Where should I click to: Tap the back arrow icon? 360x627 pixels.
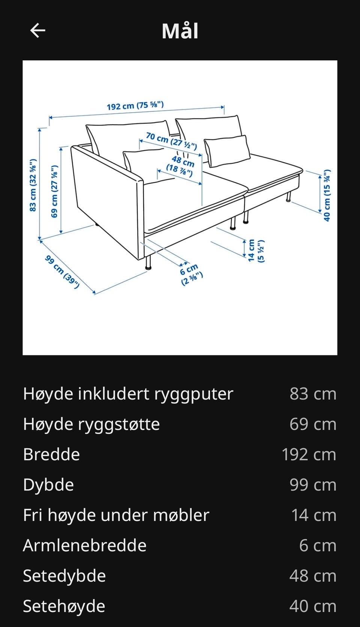tap(37, 30)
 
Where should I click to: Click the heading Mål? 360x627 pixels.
tap(180, 31)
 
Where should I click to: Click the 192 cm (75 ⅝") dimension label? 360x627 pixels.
tap(135, 105)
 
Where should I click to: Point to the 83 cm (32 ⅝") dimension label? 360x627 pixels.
tap(33, 185)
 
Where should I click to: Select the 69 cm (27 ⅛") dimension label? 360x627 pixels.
tap(55, 191)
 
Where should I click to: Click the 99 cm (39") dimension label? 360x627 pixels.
tap(62, 272)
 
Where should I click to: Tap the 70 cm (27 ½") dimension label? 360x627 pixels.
tap(171, 140)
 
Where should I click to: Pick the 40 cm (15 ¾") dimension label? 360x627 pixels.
tap(327, 195)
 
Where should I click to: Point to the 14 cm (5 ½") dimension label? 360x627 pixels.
tap(256, 250)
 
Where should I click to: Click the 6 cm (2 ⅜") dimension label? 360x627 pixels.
tap(191, 274)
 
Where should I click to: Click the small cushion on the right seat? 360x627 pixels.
tap(227, 151)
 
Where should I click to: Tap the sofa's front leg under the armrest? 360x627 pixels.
tap(148, 262)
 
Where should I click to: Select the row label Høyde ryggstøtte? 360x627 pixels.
tap(91, 424)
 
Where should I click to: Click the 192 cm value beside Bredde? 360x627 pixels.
tap(309, 454)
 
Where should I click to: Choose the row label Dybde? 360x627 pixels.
tap(48, 485)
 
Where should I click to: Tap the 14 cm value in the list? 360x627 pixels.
tap(313, 515)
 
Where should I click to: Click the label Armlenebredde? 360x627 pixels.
tap(85, 546)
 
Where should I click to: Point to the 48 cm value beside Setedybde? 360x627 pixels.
tap(313, 576)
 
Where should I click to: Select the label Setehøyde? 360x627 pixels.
tap(64, 606)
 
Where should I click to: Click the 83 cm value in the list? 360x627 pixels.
tap(313, 394)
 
